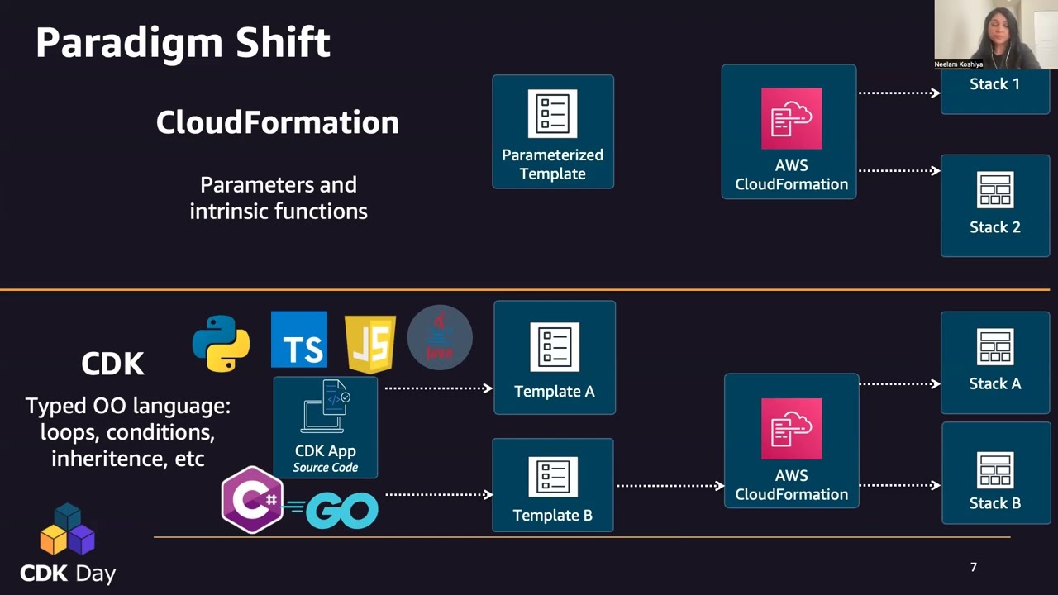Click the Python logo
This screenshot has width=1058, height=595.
pos(221,343)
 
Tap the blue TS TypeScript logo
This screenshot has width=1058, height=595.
pos(299,340)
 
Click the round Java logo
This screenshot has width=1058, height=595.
pos(440,337)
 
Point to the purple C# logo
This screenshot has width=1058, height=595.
pos(252,500)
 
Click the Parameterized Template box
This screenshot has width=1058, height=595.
pos(553,132)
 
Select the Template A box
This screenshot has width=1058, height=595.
pos(555,357)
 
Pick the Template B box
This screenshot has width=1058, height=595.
pos(553,484)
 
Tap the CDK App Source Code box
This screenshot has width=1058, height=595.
pos(326,427)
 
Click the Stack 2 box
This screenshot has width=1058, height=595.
pos(995,205)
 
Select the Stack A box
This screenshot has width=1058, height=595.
pos(995,362)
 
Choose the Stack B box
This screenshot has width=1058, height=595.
pos(995,474)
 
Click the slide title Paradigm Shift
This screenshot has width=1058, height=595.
pos(183,42)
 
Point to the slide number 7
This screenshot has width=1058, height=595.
pos(974,567)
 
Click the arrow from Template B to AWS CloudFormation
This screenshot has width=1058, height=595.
pos(670,486)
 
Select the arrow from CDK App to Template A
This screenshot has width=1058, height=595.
pos(438,388)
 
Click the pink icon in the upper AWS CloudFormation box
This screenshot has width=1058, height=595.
pos(791,118)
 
